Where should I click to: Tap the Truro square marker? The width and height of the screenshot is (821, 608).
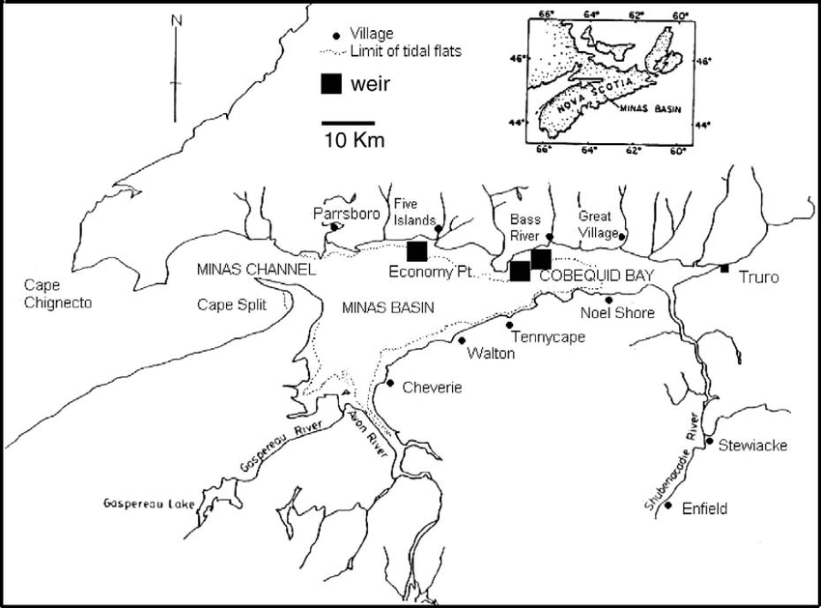[x=724, y=268]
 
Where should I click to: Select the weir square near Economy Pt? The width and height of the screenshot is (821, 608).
[x=417, y=251]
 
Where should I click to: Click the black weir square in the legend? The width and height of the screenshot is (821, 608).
[x=332, y=84]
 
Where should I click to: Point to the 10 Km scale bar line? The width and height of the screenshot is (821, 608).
[x=348, y=123]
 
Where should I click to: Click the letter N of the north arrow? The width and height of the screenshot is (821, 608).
[x=175, y=19]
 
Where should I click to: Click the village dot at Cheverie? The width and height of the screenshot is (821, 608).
[x=389, y=383]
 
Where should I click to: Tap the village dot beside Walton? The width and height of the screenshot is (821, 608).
[x=462, y=340]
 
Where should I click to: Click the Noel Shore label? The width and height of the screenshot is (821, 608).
[x=616, y=312]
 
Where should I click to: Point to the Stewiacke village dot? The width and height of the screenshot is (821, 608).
[x=709, y=443]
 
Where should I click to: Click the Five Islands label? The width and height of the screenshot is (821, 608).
[x=416, y=210]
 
